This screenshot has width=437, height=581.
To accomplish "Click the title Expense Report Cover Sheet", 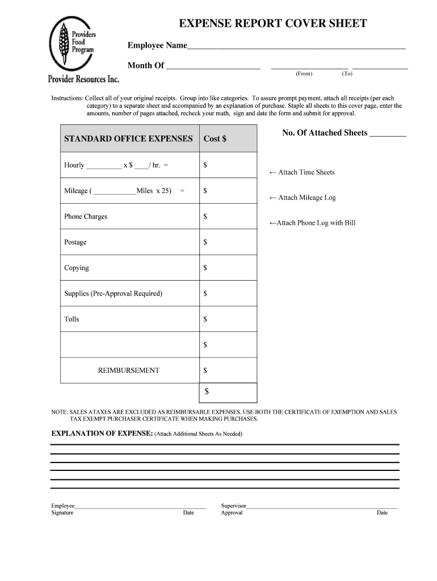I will [273, 24].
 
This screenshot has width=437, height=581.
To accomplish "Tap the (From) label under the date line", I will [304, 74].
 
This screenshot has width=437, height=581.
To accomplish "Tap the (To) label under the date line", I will [347, 74].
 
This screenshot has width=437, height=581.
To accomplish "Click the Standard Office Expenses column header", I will [128, 139].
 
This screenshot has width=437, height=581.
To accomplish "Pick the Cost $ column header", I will [215, 139].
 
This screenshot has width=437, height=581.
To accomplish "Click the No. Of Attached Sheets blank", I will [388, 134].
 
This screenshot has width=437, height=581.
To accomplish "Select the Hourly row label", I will [74, 165].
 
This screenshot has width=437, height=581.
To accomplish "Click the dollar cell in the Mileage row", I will [228, 191].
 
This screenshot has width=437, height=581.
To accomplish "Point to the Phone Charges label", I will [86, 217].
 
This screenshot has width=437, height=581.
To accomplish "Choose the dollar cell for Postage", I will [228, 242].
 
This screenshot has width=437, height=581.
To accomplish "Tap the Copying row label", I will [77, 268].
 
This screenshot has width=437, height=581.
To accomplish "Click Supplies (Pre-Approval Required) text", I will [113, 293].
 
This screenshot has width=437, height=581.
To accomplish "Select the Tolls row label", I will [72, 319].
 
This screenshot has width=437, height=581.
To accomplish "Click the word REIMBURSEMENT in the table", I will [129, 371].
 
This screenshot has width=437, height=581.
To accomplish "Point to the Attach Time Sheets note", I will [302, 172].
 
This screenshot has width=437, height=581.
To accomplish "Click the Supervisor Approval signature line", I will [322, 506].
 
